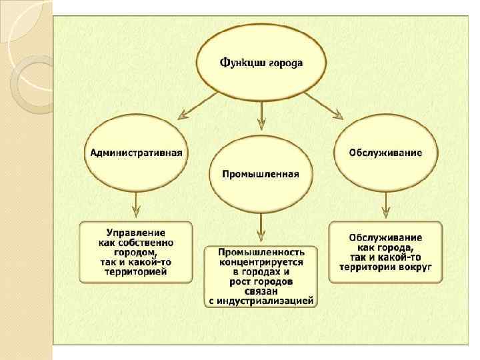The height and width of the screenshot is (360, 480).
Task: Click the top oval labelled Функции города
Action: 261,63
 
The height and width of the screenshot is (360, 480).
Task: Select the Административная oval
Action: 136,153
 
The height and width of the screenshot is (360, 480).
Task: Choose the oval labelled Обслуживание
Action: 385,153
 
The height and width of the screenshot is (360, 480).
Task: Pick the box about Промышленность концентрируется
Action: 261,277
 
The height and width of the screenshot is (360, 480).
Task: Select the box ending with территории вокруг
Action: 385,251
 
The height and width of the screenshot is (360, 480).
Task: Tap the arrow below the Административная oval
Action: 136,204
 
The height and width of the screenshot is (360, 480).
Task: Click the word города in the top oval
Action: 285,64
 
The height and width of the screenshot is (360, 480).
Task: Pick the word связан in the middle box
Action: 261,291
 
